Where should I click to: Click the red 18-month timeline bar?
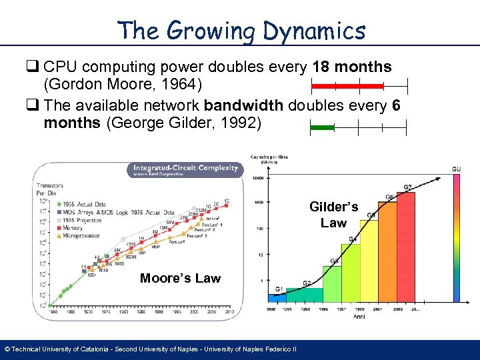pos(349,86)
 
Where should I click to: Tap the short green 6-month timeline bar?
pos(323,126)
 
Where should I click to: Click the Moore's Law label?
pos(180,278)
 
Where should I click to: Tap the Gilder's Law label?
pos(333,215)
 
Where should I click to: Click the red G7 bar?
pos(406,247)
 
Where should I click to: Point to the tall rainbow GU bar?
pos(456,240)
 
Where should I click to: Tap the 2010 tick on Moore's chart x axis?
pos(228,311)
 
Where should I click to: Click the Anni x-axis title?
pos(359,317)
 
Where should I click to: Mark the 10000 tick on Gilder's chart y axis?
pos(258,178)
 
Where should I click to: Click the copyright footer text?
pos(150,349)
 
